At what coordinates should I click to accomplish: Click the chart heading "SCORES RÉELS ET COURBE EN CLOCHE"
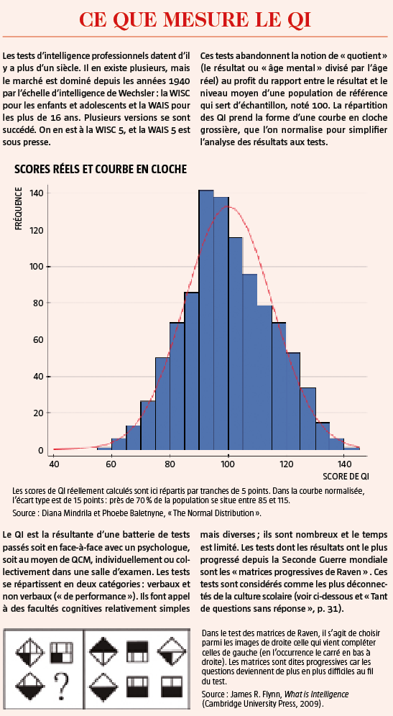[101, 170]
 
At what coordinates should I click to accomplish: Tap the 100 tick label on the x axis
[228, 464]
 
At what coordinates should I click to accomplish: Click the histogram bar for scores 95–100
[221, 326]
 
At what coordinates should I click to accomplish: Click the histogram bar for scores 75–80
[162, 406]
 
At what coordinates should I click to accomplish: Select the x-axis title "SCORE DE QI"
[346, 477]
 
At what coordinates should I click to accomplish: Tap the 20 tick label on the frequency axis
[40, 413]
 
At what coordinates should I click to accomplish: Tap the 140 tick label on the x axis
[345, 464]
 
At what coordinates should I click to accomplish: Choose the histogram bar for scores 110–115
[264, 381]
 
